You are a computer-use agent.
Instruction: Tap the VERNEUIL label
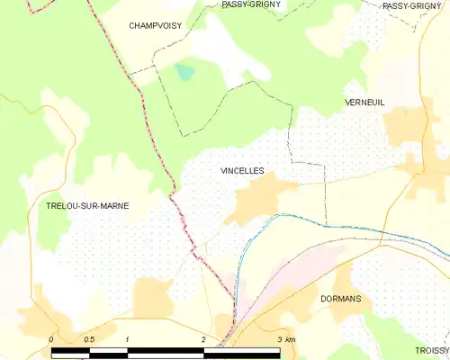click(364, 103)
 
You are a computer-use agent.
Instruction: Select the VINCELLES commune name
click(242, 169)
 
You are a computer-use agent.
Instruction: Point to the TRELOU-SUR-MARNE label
click(87, 206)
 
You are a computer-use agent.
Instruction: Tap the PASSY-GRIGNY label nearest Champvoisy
click(251, 4)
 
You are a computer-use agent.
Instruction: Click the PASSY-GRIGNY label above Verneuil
click(411, 6)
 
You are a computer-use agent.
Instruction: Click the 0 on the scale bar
click(51, 339)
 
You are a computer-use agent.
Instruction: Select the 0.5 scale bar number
click(88, 339)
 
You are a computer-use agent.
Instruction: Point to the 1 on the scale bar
click(128, 339)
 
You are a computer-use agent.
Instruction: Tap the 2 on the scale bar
click(203, 339)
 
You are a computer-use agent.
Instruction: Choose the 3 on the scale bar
click(280, 339)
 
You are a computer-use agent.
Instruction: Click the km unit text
click(291, 339)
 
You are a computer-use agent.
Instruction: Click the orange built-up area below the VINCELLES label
click(256, 200)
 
